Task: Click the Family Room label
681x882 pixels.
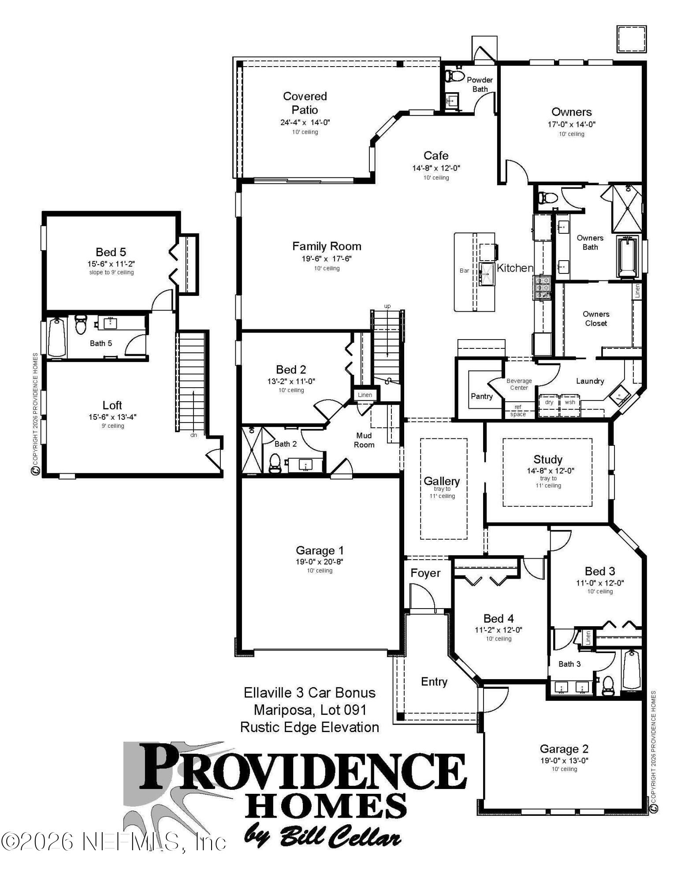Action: coord(327,246)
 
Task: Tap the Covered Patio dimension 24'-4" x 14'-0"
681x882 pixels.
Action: coord(305,123)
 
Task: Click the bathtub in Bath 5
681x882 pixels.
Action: coord(56,337)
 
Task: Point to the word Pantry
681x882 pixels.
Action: coord(481,396)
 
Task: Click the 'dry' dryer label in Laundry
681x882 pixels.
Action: coord(549,402)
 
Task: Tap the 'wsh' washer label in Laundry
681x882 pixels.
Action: coord(570,402)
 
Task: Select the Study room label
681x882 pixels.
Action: coord(548,460)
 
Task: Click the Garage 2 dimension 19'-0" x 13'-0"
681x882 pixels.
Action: coord(564,760)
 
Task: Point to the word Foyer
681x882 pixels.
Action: coord(425,573)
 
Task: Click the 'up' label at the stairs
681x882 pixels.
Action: coord(387,306)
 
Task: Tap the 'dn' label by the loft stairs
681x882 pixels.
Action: coord(194,435)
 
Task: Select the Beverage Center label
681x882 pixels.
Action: coord(519,384)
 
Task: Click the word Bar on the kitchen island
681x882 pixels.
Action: coord(465,270)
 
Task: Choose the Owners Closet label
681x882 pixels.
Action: coord(596,318)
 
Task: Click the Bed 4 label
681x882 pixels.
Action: coord(499,618)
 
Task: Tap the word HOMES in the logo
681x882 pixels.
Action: coord(326,805)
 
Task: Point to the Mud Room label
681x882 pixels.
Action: coord(364,440)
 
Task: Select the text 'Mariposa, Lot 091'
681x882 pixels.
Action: coord(310,710)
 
